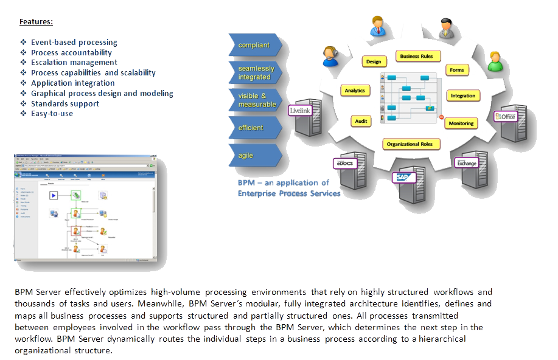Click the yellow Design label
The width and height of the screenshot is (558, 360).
click(374, 61)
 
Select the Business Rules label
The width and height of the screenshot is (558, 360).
click(417, 56)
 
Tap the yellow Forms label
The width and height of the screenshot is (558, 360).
click(456, 70)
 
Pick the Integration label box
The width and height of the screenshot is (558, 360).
click(463, 96)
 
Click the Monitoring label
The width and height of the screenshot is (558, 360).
click(461, 123)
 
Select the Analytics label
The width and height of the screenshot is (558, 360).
click(354, 91)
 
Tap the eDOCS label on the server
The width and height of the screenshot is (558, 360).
click(344, 164)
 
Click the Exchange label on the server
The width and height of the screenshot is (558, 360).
click(467, 163)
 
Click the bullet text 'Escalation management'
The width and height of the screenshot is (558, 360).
click(74, 62)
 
